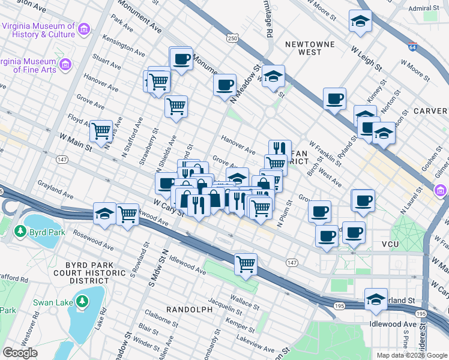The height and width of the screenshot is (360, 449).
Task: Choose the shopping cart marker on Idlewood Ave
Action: (x=246, y=263)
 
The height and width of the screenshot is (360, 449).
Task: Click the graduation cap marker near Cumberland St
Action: (x=376, y=298)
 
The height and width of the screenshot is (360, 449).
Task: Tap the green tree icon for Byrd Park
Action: (x=20, y=231)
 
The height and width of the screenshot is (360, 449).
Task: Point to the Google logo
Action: (x=20, y=353)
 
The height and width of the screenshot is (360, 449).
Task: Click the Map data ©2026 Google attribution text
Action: (x=412, y=355)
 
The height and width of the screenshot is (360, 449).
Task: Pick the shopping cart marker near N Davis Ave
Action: (x=101, y=130)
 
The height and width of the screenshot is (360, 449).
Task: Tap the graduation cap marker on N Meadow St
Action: (x=273, y=76)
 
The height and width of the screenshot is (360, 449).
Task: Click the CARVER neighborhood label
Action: (x=430, y=111)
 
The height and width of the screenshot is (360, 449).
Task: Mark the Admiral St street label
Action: (x=423, y=8)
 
